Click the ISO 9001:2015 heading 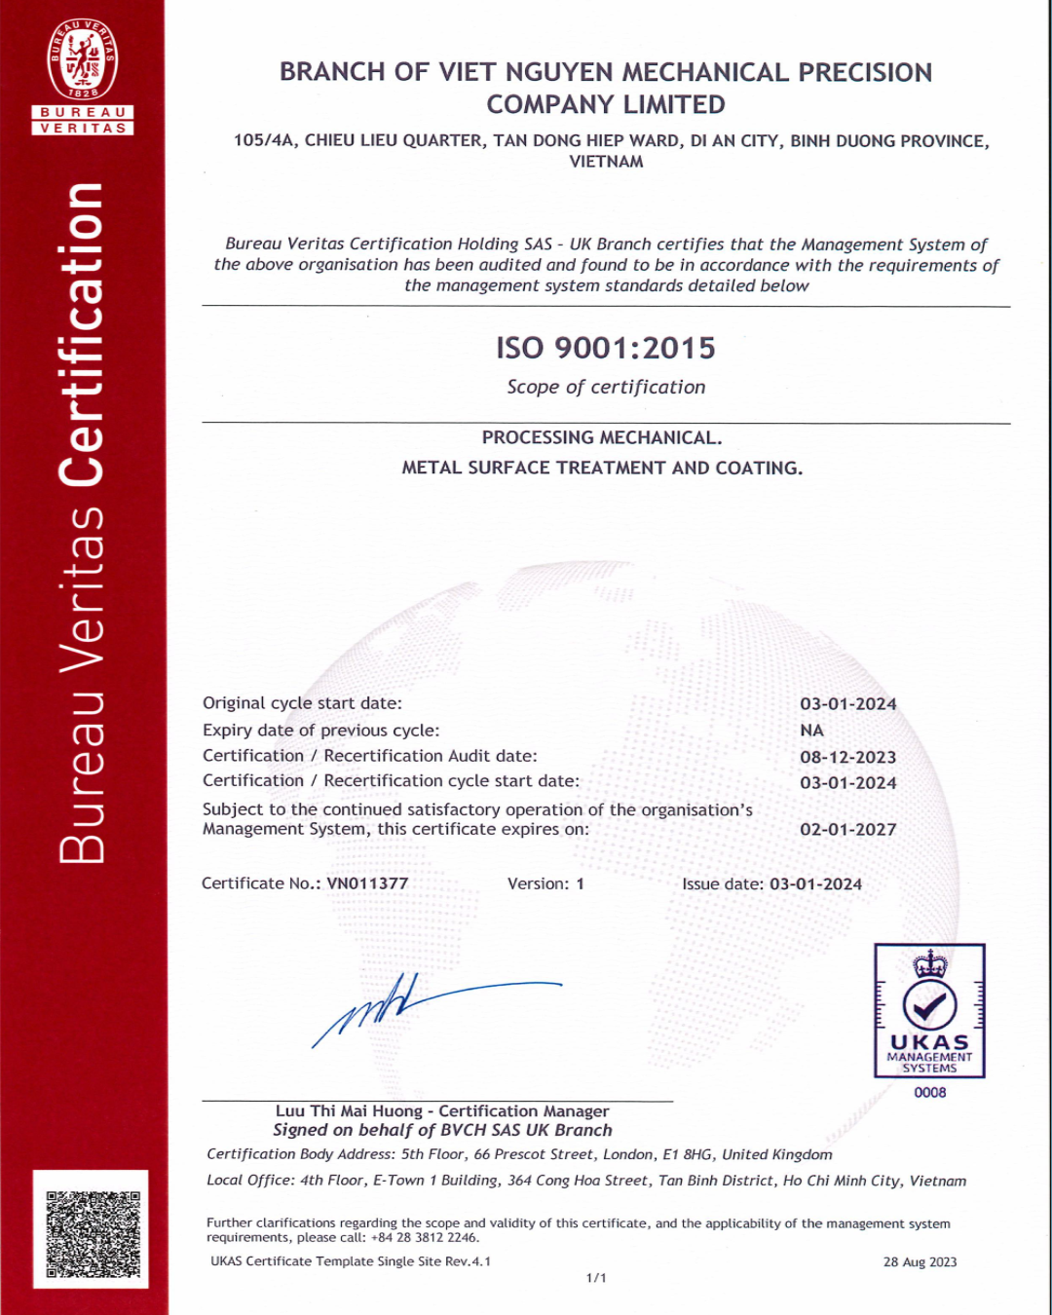(605, 348)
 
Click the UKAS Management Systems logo (929, 1011)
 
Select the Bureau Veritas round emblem (83, 59)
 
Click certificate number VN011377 (367, 883)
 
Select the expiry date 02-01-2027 (847, 830)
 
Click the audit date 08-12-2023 (847, 757)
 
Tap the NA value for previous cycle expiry (811, 731)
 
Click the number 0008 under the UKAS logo (929, 1093)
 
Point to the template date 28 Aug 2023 (920, 1262)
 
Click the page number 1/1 (596, 1278)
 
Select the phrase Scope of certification (606, 387)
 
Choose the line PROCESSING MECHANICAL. (602, 438)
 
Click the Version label (538, 884)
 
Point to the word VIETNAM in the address (606, 162)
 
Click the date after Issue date (815, 884)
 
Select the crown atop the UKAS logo (929, 963)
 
